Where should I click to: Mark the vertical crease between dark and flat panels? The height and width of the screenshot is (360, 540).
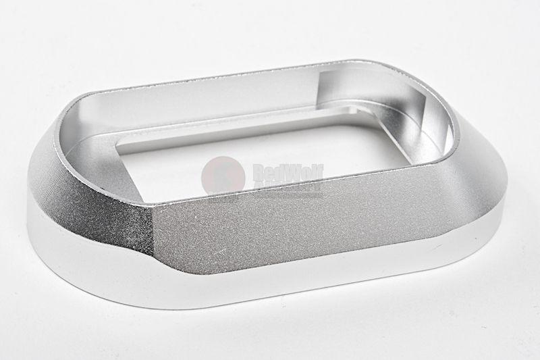(x=153, y=233)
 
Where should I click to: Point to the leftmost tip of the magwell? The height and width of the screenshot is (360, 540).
(x=28, y=203)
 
